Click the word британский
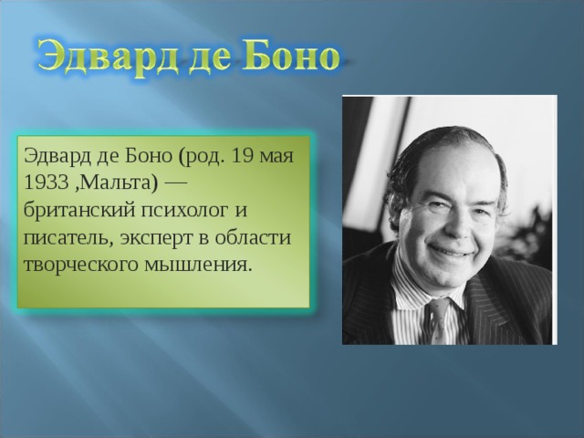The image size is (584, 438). [x=77, y=209]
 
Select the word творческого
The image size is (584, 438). [x=75, y=264]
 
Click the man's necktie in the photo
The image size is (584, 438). [x=441, y=319]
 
